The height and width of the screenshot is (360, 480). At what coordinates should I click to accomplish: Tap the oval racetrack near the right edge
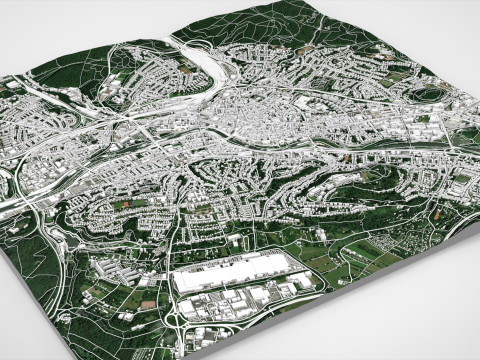(x=432, y=95)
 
